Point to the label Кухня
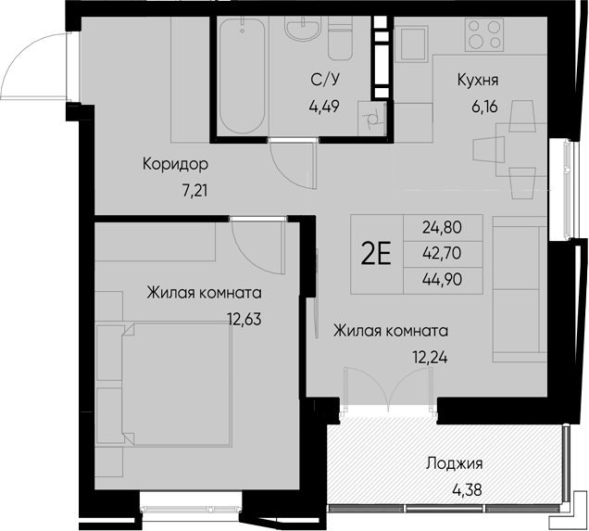(479, 81)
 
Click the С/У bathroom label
(323, 81)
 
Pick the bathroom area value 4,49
(324, 105)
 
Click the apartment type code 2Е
(375, 254)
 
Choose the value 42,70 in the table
(442, 253)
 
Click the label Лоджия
(455, 464)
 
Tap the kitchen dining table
(489, 148)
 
